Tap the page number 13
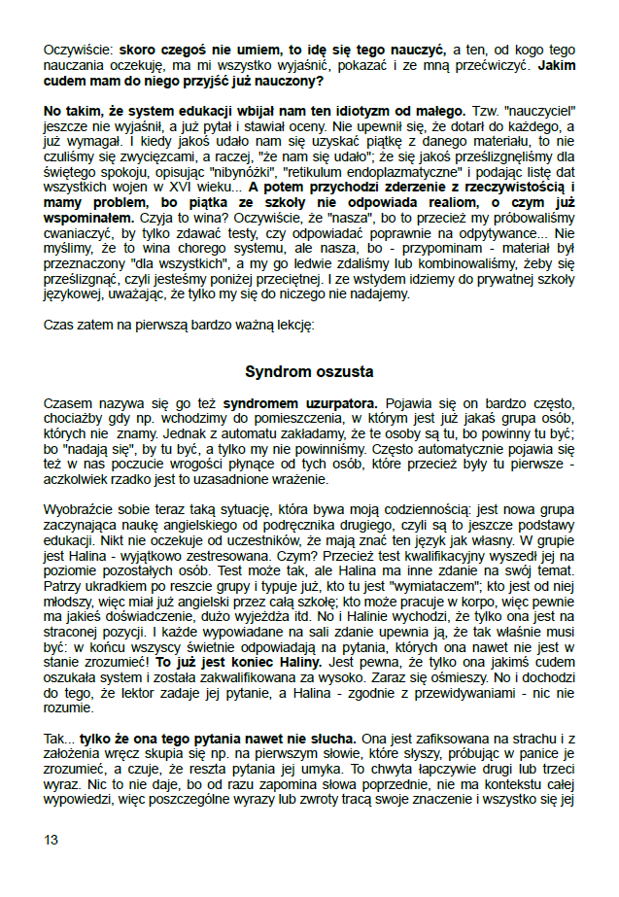(52, 839)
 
